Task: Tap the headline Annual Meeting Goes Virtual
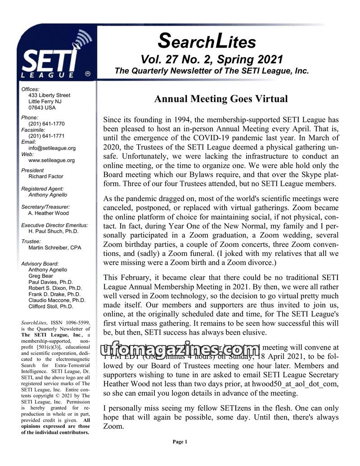pyautogui.click(x=220, y=99)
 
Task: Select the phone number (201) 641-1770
pyautogui.click(x=46, y=124)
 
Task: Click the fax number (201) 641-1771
pyautogui.click(x=46, y=136)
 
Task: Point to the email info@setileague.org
pyautogui.click(x=52, y=148)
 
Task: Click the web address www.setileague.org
pyautogui.click(x=51, y=160)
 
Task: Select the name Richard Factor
pyautogui.click(x=45, y=177)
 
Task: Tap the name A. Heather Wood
pyautogui.click(x=48, y=213)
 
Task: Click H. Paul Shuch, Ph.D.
pyautogui.click(x=53, y=231)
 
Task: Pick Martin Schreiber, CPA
pyautogui.click(x=54, y=248)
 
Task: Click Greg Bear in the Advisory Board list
pyautogui.click(x=40, y=276)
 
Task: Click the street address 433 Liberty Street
pyautogui.click(x=49, y=95)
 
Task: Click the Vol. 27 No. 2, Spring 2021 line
pyautogui.click(x=211, y=60)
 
